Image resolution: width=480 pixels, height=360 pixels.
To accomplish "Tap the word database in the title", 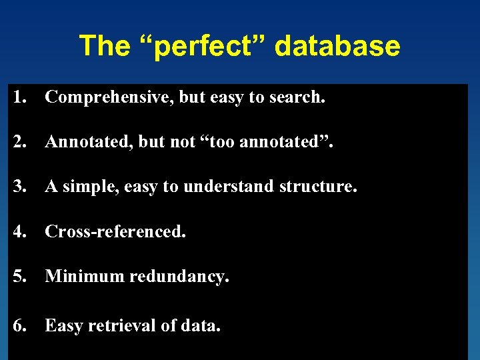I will click(337, 46).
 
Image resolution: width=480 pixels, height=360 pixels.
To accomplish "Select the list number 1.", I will click(18, 97).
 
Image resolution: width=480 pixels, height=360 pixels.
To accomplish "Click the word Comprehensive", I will click(109, 97).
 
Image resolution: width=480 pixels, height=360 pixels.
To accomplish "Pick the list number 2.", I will click(18, 141).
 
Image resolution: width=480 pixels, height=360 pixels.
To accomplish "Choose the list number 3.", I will click(18, 187).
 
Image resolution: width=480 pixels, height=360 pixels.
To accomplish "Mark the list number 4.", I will click(18, 231).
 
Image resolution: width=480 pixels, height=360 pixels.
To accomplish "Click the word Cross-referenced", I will click(115, 231).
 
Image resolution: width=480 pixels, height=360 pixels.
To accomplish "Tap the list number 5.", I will click(18, 276).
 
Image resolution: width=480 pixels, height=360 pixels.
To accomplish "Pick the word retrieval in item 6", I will click(123, 325).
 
